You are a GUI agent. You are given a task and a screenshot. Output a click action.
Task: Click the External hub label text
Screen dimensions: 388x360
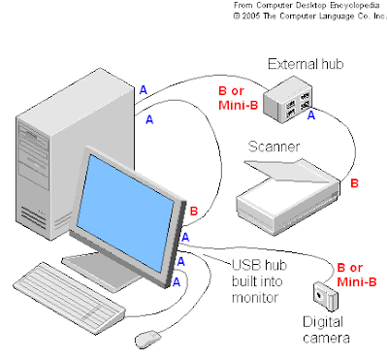click(306, 64)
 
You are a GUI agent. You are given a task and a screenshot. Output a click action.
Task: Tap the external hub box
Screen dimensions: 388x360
click(287, 99)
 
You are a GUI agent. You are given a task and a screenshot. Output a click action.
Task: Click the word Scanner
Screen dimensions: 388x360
click(274, 147)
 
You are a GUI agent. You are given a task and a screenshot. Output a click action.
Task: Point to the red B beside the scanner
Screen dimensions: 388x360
click(354, 183)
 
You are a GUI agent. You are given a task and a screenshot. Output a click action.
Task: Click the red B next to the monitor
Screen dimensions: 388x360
click(193, 212)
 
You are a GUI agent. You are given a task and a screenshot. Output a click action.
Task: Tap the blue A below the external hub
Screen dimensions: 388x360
click(310, 115)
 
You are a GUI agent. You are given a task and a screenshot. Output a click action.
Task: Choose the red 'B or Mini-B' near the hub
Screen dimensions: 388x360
click(239, 98)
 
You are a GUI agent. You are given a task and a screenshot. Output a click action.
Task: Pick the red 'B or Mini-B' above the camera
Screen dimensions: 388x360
click(357, 275)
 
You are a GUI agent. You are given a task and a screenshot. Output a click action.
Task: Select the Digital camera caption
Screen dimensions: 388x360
click(326, 330)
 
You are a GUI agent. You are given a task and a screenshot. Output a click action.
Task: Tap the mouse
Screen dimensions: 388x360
click(148, 340)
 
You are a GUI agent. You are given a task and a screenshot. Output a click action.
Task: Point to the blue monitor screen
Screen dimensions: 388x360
click(125, 213)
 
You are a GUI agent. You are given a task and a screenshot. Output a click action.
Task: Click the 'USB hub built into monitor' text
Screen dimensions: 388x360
click(259, 281)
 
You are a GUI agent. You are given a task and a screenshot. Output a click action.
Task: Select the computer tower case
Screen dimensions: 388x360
click(75, 153)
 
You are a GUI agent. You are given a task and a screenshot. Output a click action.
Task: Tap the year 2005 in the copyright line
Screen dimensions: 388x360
click(251, 16)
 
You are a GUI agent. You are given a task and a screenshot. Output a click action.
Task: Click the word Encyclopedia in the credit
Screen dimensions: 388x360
click(354, 6)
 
